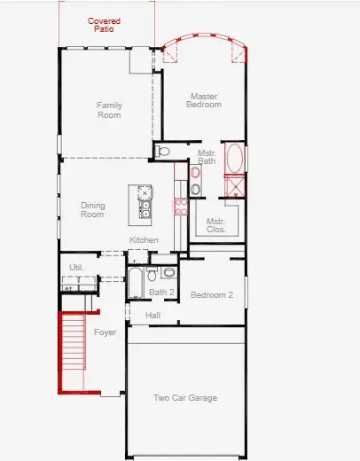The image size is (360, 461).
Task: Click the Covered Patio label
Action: (104, 25)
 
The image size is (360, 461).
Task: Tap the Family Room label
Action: (109, 110)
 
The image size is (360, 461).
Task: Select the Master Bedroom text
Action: (202, 101)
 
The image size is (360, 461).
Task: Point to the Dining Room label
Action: (92, 210)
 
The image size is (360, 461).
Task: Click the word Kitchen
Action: (144, 240)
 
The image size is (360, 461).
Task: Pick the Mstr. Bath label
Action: (207, 157)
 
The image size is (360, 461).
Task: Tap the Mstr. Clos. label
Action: (216, 225)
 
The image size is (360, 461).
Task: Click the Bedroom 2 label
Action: (211, 295)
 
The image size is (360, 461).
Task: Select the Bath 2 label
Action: (161, 292)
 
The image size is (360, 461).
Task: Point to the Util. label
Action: (76, 266)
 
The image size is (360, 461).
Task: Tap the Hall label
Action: (153, 315)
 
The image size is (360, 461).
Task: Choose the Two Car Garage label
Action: (185, 398)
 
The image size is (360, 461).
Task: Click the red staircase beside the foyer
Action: (74, 352)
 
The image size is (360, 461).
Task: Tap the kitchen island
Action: (142, 202)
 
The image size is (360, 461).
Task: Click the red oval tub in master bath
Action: (234, 159)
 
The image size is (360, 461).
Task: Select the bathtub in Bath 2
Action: (136, 284)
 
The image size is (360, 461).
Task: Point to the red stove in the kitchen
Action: (180, 207)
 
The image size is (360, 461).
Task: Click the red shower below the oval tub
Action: (235, 187)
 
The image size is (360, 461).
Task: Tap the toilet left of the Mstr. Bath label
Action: (162, 152)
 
